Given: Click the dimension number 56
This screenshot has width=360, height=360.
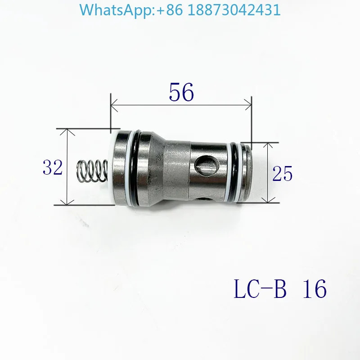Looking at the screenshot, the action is pos(181,92).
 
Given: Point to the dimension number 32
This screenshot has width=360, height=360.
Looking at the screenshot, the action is pos(53,167).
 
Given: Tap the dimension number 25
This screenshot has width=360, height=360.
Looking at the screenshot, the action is pos(283,173).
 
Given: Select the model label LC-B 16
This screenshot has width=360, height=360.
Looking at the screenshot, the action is pos(280,288).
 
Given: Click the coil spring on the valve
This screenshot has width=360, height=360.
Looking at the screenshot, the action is pos(92,171).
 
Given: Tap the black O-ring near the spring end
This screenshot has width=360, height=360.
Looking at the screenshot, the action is pos(135,167).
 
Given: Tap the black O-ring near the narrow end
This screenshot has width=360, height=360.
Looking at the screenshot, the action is pos(235,172).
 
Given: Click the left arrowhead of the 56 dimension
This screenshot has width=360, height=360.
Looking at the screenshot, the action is pos(114,105).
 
